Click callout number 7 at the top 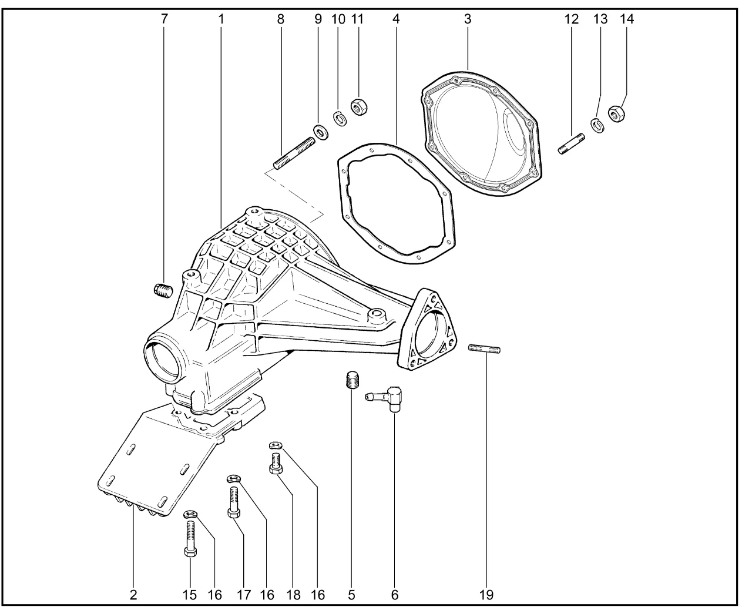[x=164, y=19]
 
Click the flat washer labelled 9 [x=321, y=131]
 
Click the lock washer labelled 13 [x=597, y=125]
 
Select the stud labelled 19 [x=485, y=349]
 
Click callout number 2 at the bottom [x=133, y=594]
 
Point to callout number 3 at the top [x=468, y=19]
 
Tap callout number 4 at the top [x=396, y=19]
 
